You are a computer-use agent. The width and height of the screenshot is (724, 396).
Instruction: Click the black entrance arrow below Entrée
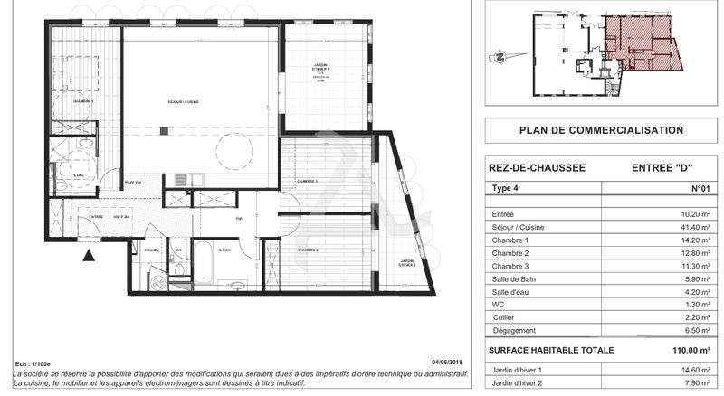click(x=89, y=256)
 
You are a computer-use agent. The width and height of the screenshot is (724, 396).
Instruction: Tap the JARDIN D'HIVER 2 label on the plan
click(x=408, y=263)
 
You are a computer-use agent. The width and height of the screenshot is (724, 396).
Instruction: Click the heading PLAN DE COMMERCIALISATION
click(x=600, y=130)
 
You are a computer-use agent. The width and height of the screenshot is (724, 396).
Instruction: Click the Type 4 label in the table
click(x=503, y=189)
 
